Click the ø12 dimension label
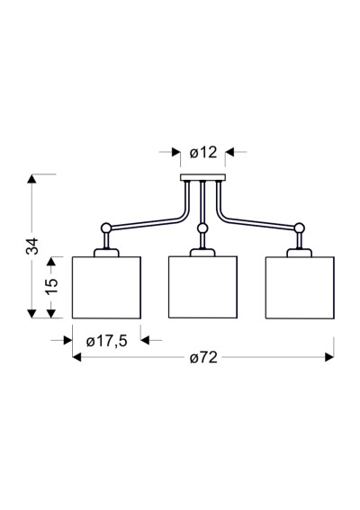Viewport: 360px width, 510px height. pos(203,152)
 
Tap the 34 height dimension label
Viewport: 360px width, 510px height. pos(32,246)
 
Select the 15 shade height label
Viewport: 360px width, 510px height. pos(51,287)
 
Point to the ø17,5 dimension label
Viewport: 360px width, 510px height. pos(107,341)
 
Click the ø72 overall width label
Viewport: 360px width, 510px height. pos(203,358)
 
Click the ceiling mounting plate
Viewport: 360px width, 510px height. pos(202,177)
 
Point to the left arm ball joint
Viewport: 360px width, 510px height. pos(106,228)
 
